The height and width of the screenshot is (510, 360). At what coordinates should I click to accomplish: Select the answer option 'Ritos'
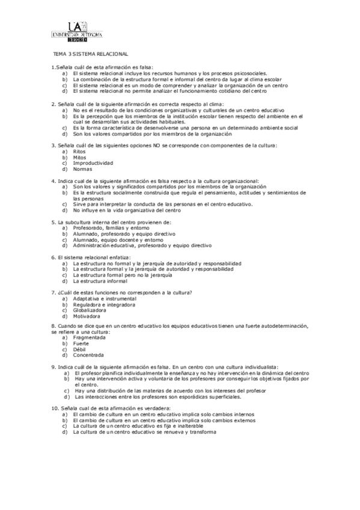[x=79, y=152]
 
